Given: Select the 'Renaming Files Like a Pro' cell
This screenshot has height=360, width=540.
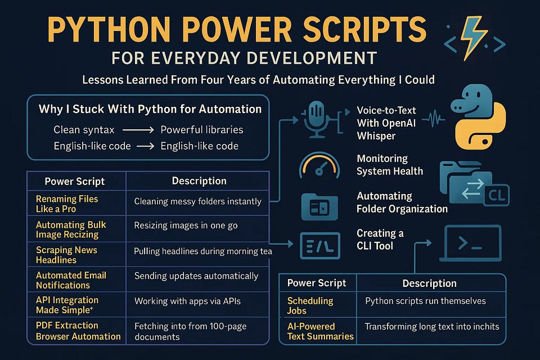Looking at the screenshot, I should click(67, 204).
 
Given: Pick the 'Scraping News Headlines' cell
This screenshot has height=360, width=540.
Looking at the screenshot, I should click(66, 255).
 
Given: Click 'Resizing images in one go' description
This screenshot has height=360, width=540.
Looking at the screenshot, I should click(186, 226).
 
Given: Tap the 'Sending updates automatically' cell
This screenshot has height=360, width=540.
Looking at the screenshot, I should click(196, 276).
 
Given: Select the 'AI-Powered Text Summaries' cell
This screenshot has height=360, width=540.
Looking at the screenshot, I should click(320, 331).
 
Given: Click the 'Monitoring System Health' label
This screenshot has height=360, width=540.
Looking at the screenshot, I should click(390, 165).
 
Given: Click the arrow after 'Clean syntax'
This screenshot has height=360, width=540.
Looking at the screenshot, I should click(137, 130).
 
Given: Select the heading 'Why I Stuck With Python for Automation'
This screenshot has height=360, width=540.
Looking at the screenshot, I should click(150, 109).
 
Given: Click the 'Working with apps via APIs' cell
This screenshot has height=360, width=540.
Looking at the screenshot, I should click(187, 301).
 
